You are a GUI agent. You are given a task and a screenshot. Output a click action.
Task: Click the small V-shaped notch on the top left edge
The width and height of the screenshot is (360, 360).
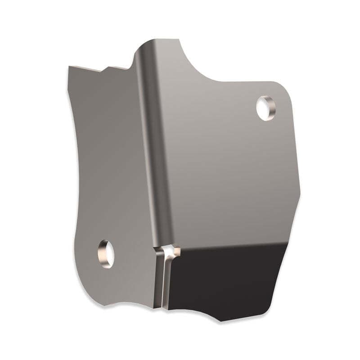point(105,70)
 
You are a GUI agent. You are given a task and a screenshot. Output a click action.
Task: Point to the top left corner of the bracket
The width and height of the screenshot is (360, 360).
point(70,67)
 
